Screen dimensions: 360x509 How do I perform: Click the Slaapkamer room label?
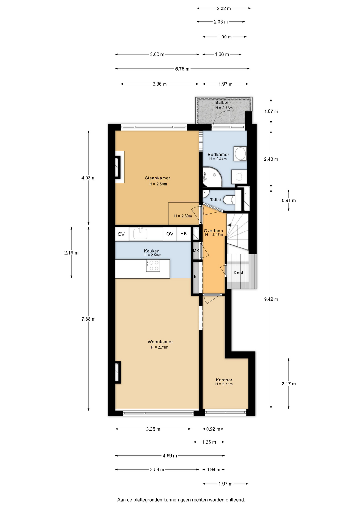[157, 178]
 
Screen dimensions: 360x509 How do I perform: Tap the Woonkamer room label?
[160, 342]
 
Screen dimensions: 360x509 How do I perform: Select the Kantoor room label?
[224, 380]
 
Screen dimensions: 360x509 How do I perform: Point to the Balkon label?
[222, 102]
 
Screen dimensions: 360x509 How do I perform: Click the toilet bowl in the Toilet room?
[229, 200]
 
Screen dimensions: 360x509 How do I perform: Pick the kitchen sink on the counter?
[140, 233]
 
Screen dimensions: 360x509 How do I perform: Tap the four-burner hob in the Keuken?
[153, 266]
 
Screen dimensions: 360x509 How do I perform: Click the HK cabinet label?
[184, 234]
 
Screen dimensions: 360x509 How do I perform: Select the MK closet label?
[196, 251]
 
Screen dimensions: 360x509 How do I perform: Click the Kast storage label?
[238, 273]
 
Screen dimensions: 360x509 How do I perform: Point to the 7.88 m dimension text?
[89, 319]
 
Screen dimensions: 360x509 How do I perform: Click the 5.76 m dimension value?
[182, 69]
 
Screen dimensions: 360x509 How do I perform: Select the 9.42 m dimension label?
[271, 299]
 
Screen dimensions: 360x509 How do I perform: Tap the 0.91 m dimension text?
[289, 200]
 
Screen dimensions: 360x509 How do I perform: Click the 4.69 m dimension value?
[170, 456]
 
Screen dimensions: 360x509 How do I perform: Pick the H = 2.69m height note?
[183, 216]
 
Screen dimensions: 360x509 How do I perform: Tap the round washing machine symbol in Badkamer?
[240, 153]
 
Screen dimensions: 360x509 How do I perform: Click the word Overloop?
[213, 231]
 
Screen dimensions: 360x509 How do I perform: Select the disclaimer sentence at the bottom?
[181, 500]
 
